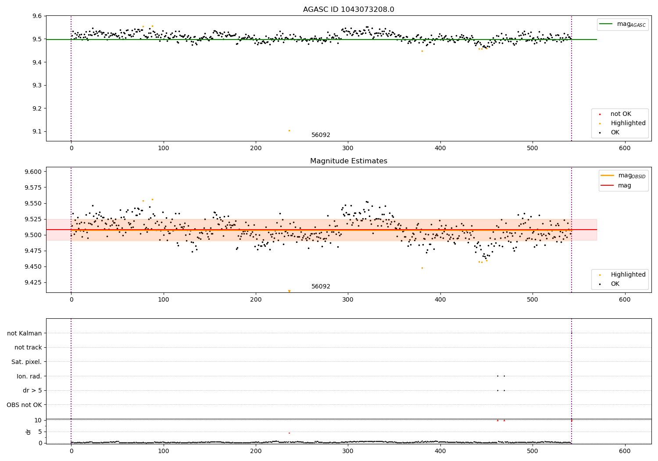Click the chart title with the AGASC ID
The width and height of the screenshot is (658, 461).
(x=348, y=10)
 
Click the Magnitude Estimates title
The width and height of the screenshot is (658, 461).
(x=348, y=161)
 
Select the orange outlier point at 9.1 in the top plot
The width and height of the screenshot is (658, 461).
(x=289, y=130)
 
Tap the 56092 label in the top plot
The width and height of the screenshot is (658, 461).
(x=321, y=135)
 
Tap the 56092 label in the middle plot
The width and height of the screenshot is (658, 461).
(x=321, y=287)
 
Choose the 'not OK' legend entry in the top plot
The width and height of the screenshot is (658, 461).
(x=621, y=114)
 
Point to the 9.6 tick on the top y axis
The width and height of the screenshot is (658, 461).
(x=37, y=16)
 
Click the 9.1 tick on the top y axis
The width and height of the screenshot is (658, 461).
(x=37, y=132)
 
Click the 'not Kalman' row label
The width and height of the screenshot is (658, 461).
(x=25, y=333)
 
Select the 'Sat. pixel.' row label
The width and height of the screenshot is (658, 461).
(x=27, y=362)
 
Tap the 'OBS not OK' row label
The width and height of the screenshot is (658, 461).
(x=25, y=405)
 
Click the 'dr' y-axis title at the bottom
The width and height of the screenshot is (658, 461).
(x=29, y=432)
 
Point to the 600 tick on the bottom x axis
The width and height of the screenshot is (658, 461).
(x=625, y=451)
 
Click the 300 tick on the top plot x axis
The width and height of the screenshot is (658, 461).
(x=348, y=148)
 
